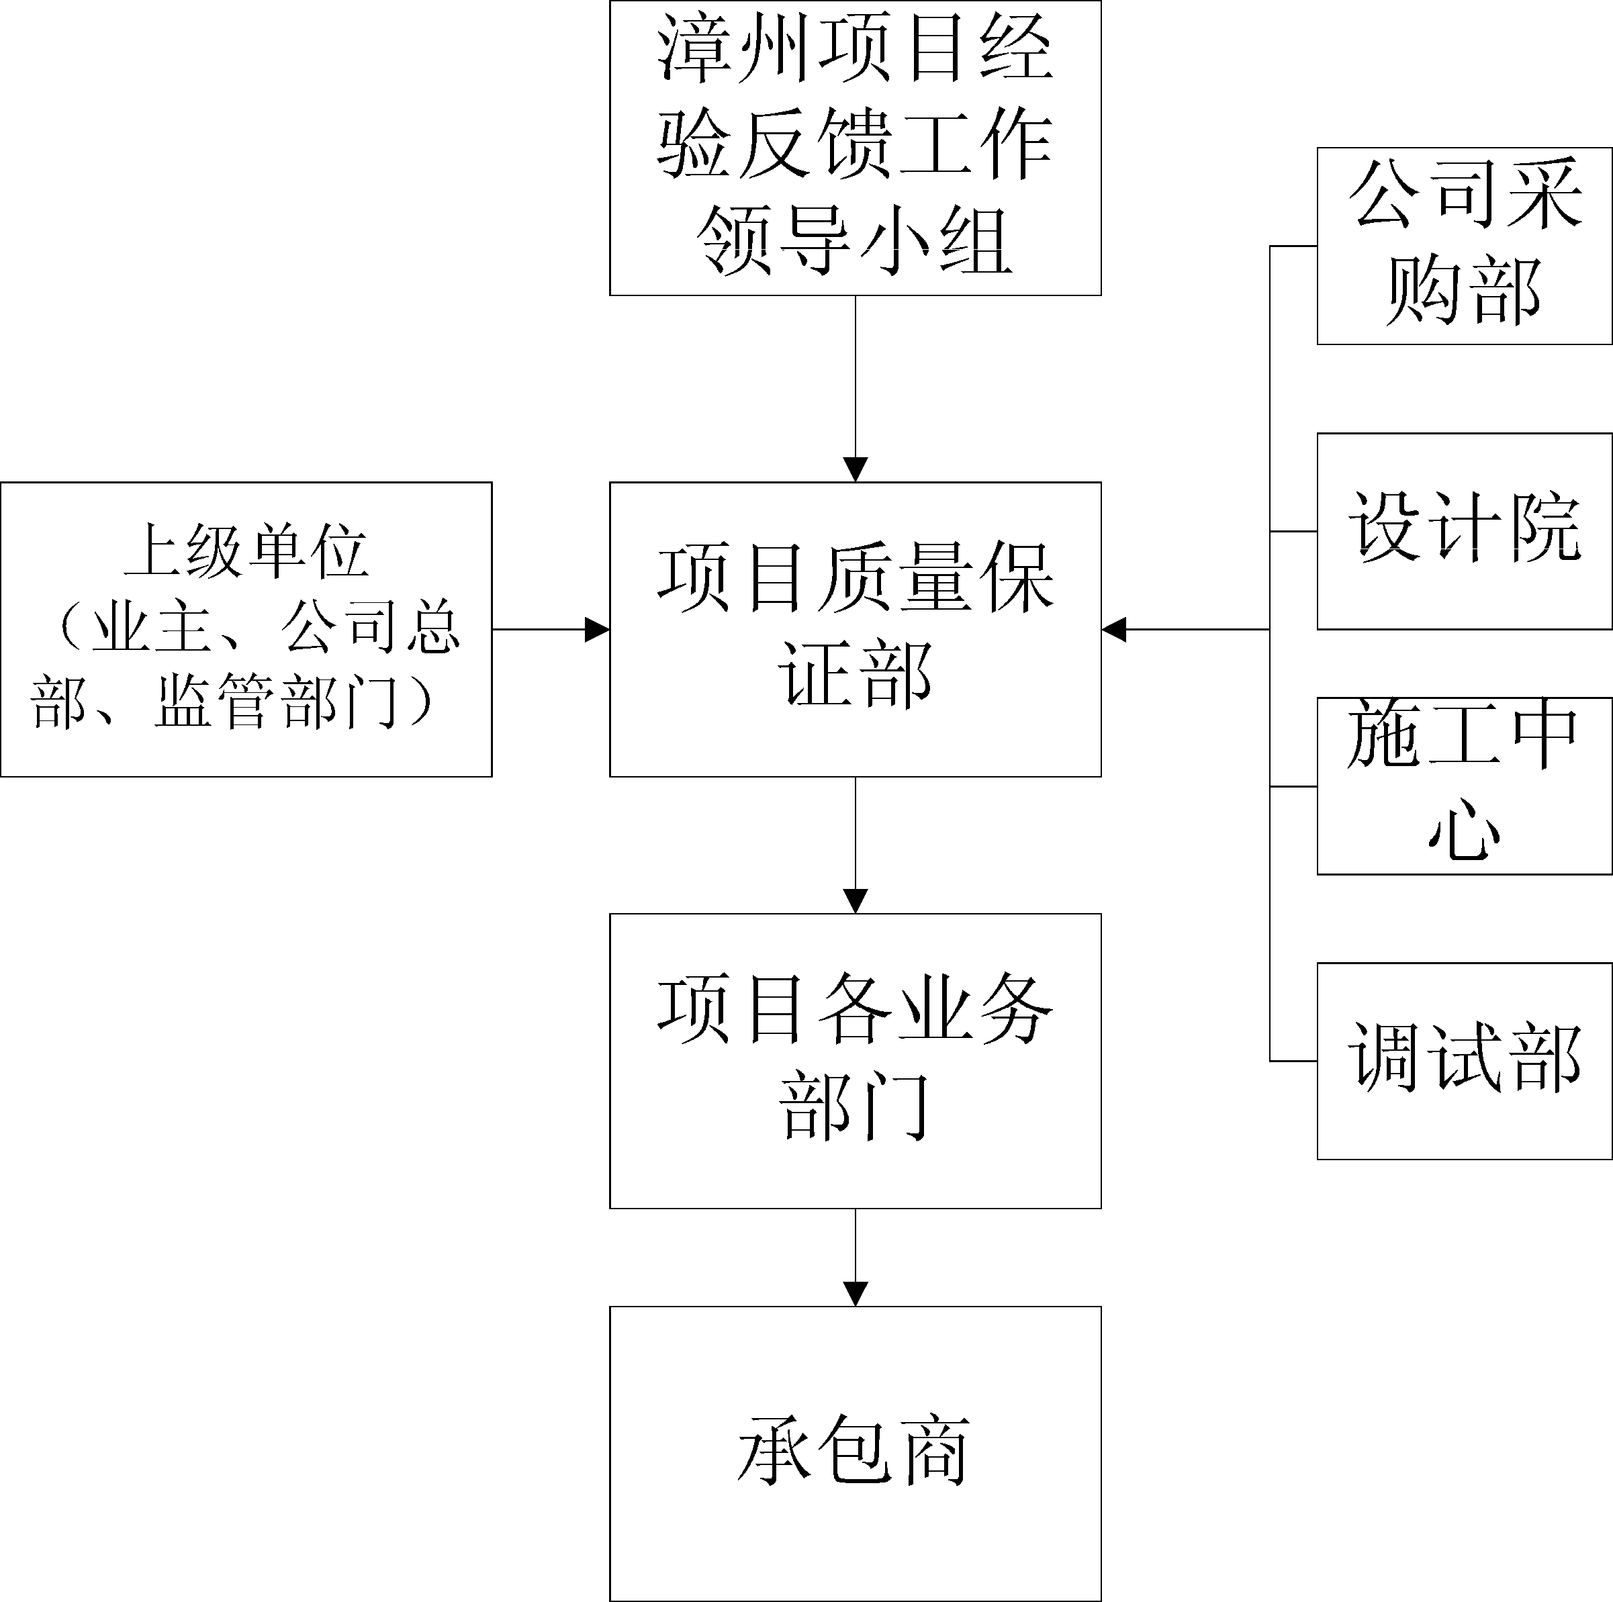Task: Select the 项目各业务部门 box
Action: pos(855,1060)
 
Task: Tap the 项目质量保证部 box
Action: pos(855,628)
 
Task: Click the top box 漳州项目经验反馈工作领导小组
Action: pos(855,147)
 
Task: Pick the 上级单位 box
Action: pos(246,628)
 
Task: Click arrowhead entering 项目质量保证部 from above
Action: pos(855,470)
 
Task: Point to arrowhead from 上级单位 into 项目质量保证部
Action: pos(597,629)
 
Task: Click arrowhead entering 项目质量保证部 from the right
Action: pos(1114,629)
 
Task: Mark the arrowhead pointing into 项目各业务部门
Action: pos(855,902)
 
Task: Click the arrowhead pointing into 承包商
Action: pos(855,1294)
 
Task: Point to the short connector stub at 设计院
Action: pos(1293,531)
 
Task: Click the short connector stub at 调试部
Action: pos(1293,1061)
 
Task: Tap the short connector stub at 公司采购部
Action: pos(1293,246)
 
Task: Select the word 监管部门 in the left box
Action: pos(275,701)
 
